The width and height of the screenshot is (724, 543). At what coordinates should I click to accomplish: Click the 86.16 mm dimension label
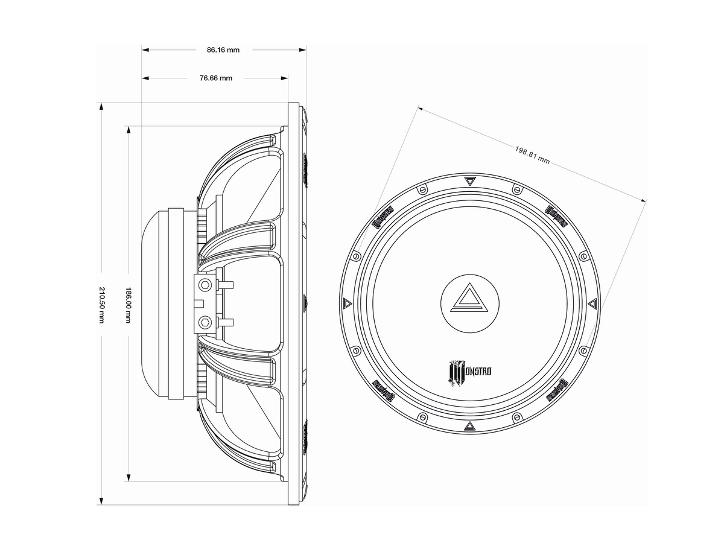click(x=223, y=50)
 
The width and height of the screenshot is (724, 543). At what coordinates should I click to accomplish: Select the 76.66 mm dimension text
click(x=215, y=78)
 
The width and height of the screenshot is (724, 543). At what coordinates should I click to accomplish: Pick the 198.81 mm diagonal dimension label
click(x=532, y=154)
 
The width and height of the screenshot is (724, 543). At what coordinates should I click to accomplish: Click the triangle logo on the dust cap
click(x=470, y=299)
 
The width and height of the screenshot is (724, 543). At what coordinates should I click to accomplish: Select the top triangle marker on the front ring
click(x=470, y=180)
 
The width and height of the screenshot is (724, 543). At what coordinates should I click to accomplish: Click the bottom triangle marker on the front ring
click(x=469, y=426)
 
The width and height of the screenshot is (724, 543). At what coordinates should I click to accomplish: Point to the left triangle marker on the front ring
click(x=347, y=303)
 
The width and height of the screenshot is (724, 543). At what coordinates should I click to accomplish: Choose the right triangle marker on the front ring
click(x=592, y=303)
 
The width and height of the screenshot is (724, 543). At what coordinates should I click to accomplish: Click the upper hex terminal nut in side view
click(x=205, y=285)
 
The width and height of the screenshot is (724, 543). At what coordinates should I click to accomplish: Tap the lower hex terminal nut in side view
click(x=205, y=321)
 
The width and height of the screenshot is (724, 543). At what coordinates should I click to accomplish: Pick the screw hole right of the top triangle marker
click(x=516, y=189)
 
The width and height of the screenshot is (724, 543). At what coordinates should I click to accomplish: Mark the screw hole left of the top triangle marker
click(x=422, y=189)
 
